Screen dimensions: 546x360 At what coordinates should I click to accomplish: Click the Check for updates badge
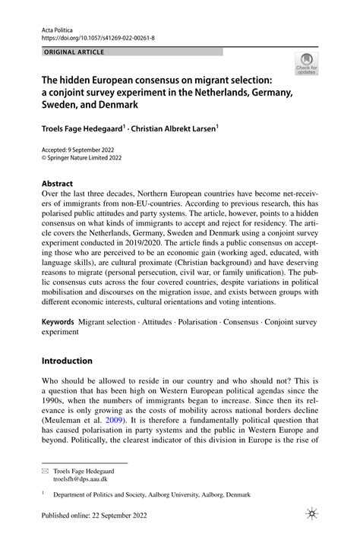click(x=308, y=65)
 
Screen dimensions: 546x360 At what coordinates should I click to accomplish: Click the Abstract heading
click(x=57, y=184)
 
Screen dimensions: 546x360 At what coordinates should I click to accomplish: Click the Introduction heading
click(x=67, y=361)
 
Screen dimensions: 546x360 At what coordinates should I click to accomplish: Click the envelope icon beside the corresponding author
click(x=45, y=472)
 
